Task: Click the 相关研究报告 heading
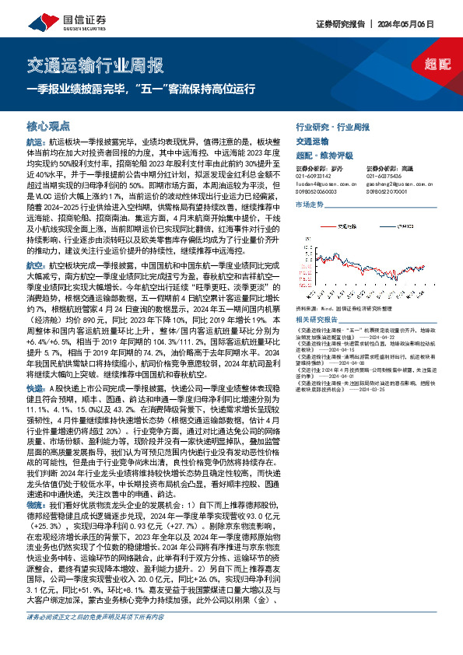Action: [315, 320]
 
